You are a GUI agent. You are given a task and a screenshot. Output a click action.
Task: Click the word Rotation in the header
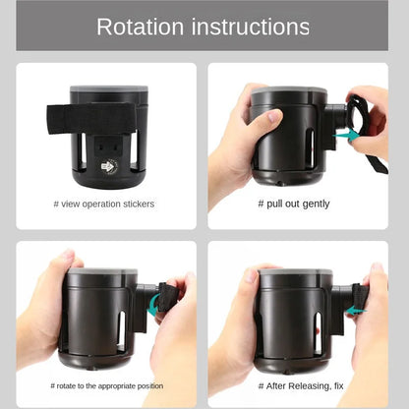pyautogui.click(x=145, y=27)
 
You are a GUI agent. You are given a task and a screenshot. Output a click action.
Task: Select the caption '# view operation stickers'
pyautogui.click(x=103, y=204)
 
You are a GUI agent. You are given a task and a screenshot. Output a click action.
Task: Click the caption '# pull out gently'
pyautogui.click(x=293, y=204)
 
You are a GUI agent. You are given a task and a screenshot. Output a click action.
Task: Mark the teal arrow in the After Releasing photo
pyautogui.click(x=353, y=310)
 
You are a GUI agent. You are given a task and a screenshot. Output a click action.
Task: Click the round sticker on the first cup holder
pyautogui.click(x=109, y=166)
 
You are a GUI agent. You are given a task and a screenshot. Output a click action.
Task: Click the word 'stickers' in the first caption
pyautogui.click(x=138, y=204)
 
